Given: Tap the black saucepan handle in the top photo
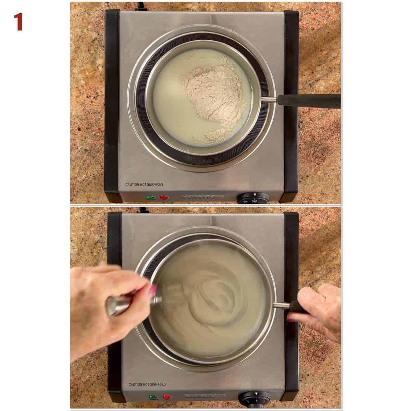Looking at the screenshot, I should pyautogui.click(x=308, y=100).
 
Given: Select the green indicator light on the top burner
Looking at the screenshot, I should pyautogui.click(x=150, y=198).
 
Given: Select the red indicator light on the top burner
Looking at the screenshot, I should pyautogui.click(x=164, y=198).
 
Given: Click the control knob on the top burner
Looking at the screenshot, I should pyautogui.click(x=253, y=198).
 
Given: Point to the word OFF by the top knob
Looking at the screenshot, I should pyautogui.click(x=254, y=201).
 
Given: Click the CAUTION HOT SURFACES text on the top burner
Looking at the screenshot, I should pyautogui.click(x=144, y=184).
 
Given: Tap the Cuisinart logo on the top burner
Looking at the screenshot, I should pyautogui.click(x=202, y=197).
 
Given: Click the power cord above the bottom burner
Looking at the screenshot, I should pyautogui.click(x=141, y=210).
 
